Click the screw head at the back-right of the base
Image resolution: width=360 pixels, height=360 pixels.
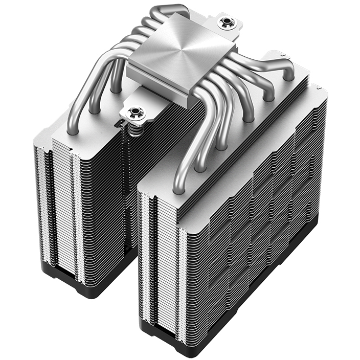(224, 23)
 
